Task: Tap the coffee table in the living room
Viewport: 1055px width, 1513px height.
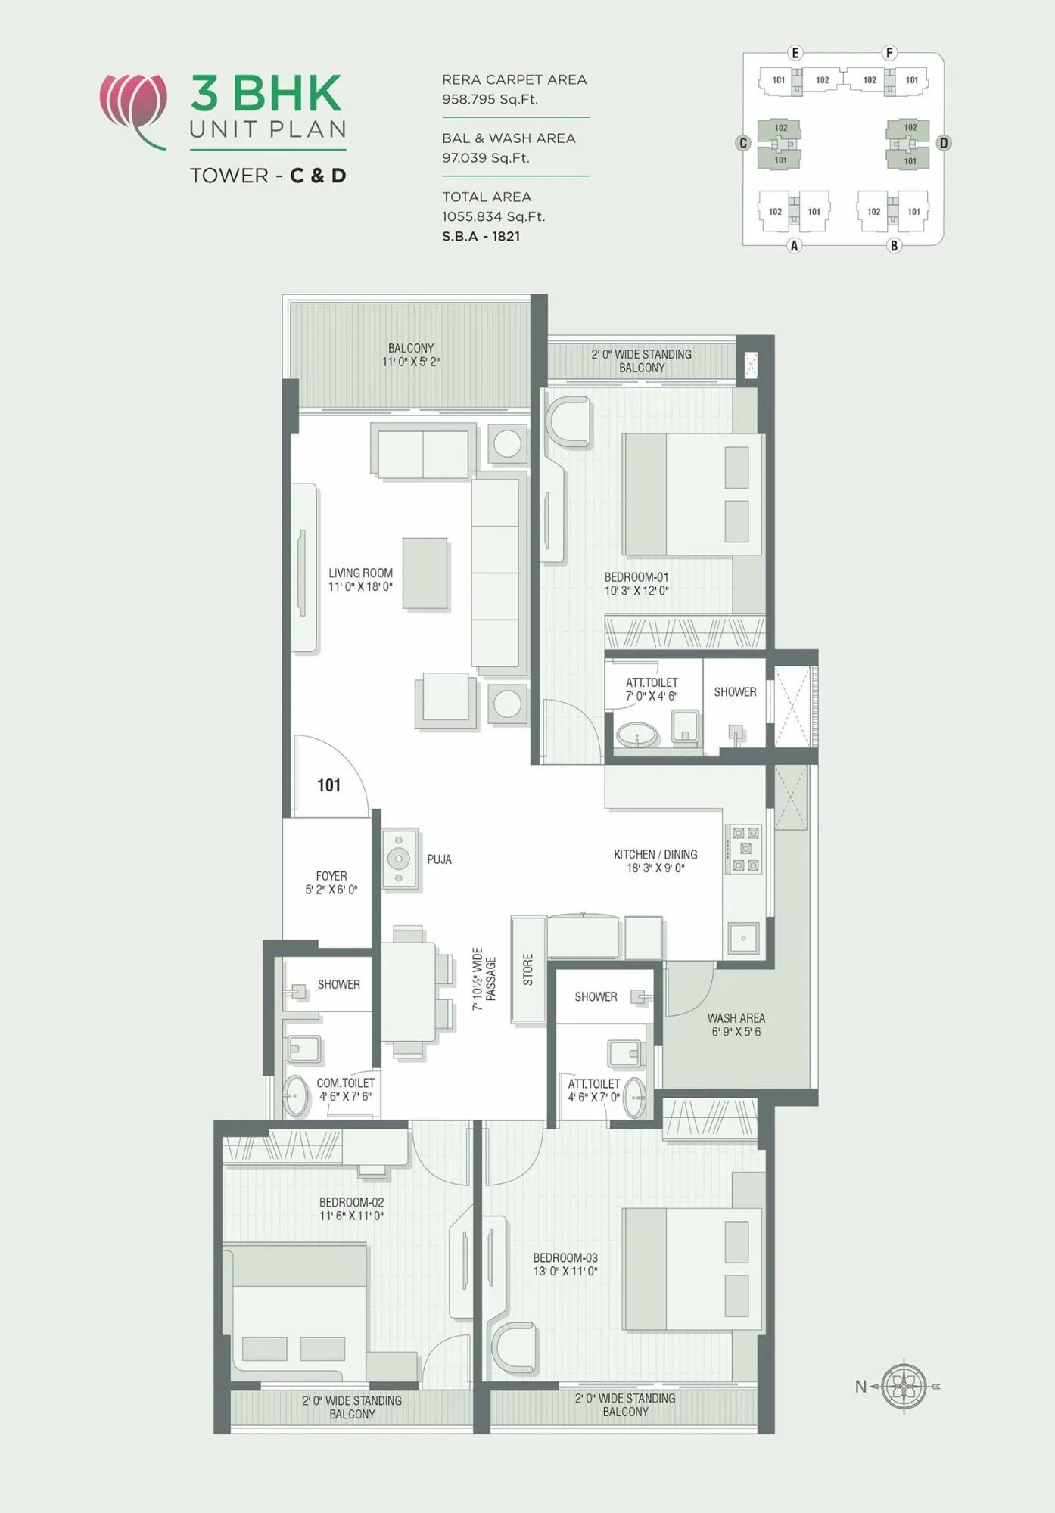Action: (x=425, y=573)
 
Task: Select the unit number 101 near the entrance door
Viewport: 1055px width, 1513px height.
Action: (x=328, y=785)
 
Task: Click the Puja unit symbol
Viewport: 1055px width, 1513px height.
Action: (x=399, y=859)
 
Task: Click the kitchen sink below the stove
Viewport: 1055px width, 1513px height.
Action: (x=743, y=938)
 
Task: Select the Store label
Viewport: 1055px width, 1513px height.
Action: (x=528, y=969)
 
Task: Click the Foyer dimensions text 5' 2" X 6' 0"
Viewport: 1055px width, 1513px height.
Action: (x=331, y=890)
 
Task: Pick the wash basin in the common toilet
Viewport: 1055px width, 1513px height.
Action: (x=296, y=1096)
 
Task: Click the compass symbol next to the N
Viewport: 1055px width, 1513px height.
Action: (x=904, y=1387)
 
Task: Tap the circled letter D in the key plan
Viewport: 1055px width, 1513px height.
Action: (x=943, y=143)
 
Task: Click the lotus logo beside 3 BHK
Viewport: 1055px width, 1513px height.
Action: (x=133, y=106)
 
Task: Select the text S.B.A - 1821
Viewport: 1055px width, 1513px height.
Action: (x=481, y=236)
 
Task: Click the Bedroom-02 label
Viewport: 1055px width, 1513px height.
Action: (x=351, y=1202)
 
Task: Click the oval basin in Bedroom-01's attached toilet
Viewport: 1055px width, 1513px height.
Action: (x=637, y=735)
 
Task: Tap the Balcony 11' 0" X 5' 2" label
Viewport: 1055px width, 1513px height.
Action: (x=410, y=355)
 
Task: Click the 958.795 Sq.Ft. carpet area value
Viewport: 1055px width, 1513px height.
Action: (x=490, y=99)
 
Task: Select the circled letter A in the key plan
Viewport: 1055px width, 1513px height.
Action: (x=794, y=245)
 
